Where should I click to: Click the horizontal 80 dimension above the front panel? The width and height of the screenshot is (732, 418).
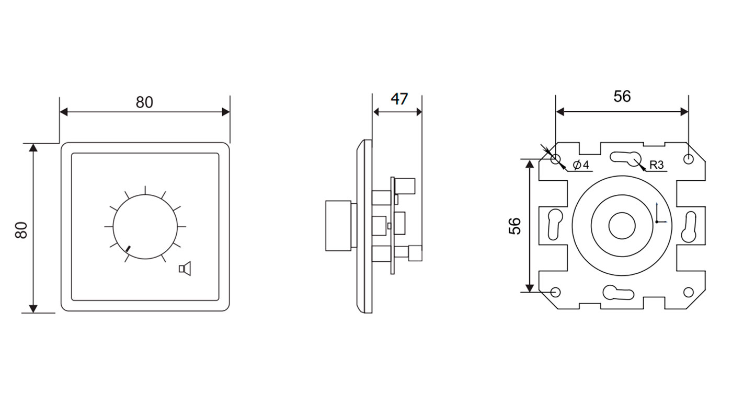click(x=144, y=102)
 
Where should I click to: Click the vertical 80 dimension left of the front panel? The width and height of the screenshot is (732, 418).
click(x=21, y=230)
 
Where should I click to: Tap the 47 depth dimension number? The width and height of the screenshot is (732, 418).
click(x=399, y=99)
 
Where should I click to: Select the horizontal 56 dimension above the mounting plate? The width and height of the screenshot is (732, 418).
click(x=622, y=96)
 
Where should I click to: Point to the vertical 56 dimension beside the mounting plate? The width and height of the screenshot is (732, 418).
click(x=514, y=226)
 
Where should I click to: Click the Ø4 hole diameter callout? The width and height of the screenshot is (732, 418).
click(x=581, y=165)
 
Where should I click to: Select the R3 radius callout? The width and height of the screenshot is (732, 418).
click(x=656, y=165)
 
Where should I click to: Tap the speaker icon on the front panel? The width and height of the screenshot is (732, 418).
click(x=185, y=269)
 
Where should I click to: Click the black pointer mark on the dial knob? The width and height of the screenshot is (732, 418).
click(x=128, y=249)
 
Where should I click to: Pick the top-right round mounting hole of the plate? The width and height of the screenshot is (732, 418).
click(x=688, y=159)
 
